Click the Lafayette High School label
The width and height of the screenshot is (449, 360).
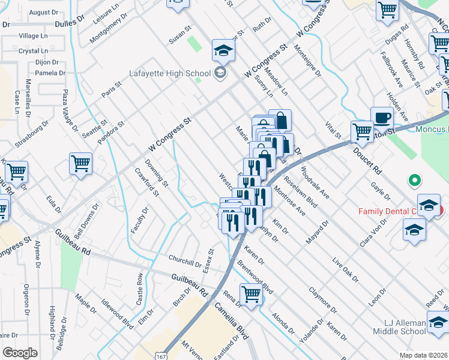pyautogui.click(x=170, y=73)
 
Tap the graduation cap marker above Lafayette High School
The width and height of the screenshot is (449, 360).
pyautogui.click(x=223, y=51)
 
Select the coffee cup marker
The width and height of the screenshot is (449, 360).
pyautogui.click(x=381, y=118)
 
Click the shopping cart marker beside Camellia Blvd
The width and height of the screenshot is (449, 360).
pyautogui.click(x=251, y=294)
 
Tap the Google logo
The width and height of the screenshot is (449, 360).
pyautogui.click(x=20, y=353)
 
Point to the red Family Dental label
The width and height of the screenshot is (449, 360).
pyautogui.click(x=396, y=211)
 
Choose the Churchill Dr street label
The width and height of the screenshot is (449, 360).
pyautogui.click(x=184, y=262)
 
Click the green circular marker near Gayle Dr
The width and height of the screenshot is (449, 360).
pyautogui.click(x=413, y=179)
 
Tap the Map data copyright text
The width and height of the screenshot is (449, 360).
pyautogui.click(x=424, y=355)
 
